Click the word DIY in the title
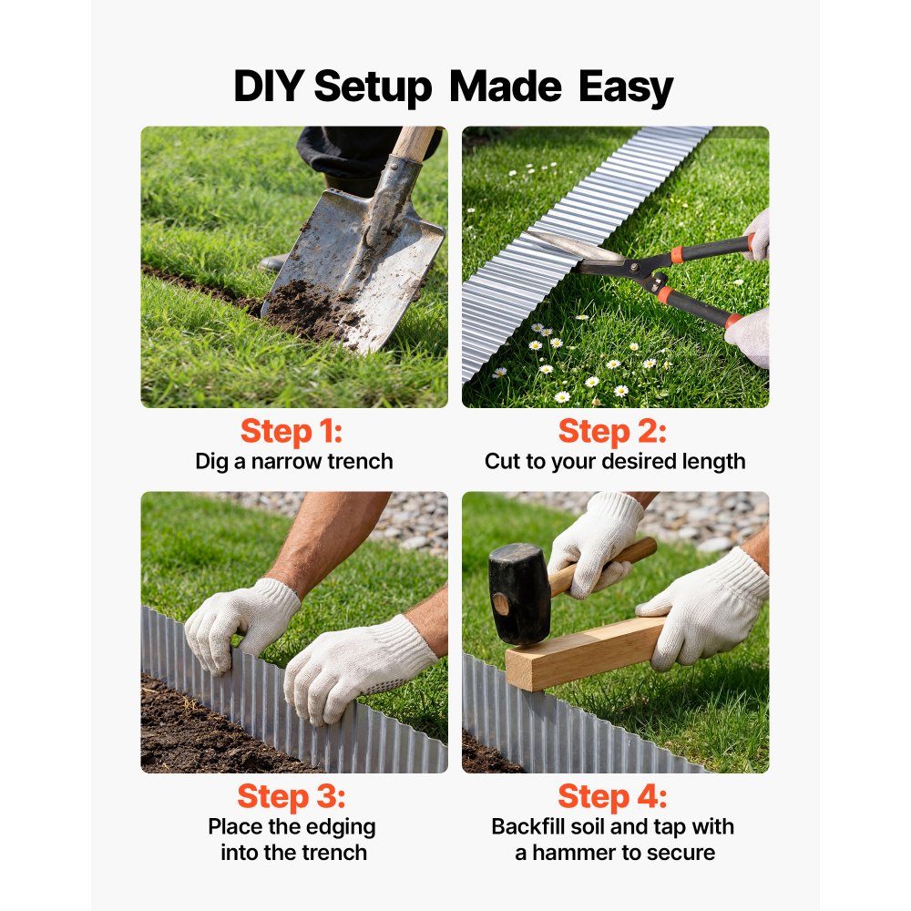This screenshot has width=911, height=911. [268, 88]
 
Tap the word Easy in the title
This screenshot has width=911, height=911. [625, 88]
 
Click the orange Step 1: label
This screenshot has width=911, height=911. [292, 431]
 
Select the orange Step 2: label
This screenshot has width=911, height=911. [613, 431]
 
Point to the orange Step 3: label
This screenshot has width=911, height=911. [292, 796]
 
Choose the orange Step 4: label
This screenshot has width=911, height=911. [613, 796]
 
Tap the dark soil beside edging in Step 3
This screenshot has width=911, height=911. [200, 729]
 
